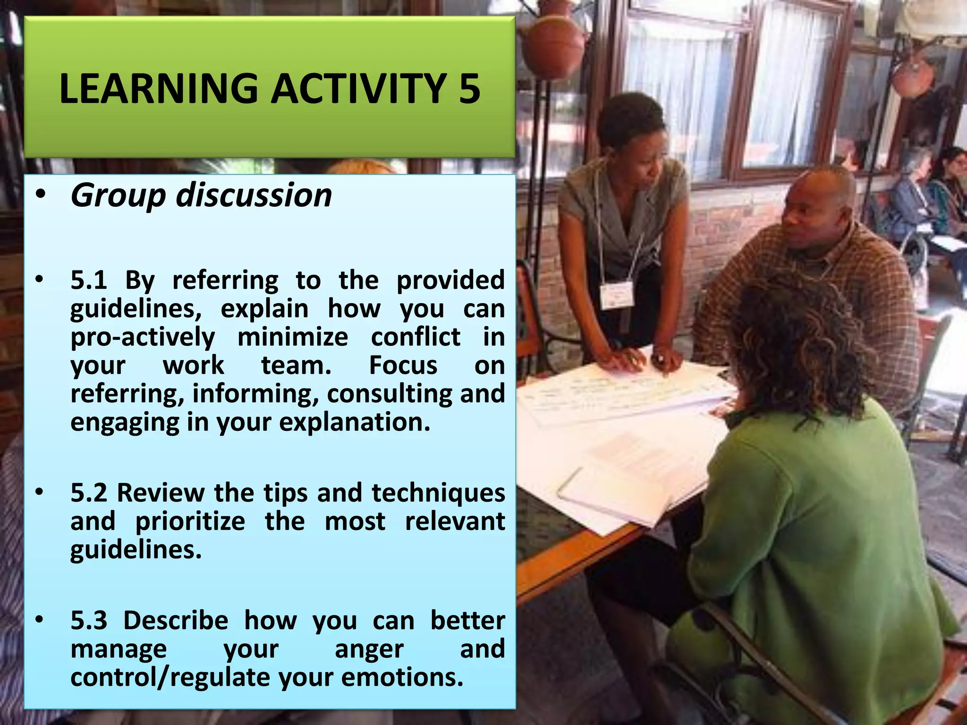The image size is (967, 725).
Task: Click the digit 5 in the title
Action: pyautogui.click(x=469, y=89)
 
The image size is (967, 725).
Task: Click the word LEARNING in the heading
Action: pyautogui.click(x=159, y=89)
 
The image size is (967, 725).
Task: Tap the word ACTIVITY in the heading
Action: pyautogui.click(x=358, y=89)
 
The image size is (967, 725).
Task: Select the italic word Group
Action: pyautogui.click(x=118, y=195)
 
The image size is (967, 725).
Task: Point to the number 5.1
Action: pyautogui.click(x=89, y=280)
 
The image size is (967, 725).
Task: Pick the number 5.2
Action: pyautogui.click(x=89, y=493)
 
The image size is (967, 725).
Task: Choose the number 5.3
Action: pyautogui.click(x=89, y=620)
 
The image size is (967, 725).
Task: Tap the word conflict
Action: pyautogui.click(x=416, y=337)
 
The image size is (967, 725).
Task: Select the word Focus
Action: pyautogui.click(x=403, y=366)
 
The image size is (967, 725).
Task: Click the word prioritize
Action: pyautogui.click(x=190, y=522)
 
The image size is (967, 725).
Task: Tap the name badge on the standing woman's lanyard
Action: pyautogui.click(x=617, y=295)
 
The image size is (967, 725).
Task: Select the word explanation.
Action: pyautogui.click(x=355, y=422)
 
